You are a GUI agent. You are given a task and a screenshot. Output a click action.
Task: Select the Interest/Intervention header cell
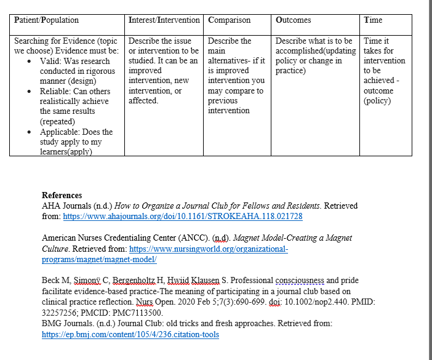pos(164,20)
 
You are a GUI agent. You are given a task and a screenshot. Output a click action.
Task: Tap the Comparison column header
pos(230,20)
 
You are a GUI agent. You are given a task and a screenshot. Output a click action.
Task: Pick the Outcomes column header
pos(294,20)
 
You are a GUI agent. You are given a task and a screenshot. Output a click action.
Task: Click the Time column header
pos(373,20)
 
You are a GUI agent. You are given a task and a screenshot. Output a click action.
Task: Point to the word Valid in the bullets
pos(50,61)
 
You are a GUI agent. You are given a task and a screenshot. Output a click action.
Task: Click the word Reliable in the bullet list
pos(56,91)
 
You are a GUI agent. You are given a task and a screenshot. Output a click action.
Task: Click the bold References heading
pos(62,196)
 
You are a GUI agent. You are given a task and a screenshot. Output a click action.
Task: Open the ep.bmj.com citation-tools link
pos(130,335)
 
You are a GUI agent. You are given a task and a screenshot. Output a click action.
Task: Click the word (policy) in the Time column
pos(377,101)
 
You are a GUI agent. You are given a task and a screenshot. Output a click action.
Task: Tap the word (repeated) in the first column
pos(57,121)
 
